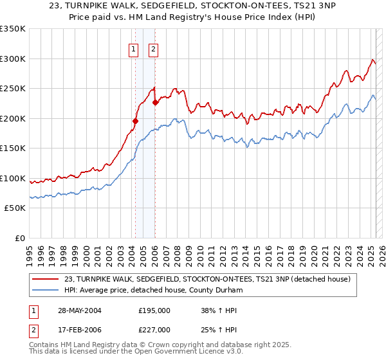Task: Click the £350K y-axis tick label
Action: (12, 29)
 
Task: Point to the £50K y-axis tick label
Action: (14, 208)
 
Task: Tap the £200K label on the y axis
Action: (12, 118)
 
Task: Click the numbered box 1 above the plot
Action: (134, 48)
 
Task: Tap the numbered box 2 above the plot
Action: (154, 48)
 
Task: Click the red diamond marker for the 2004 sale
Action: (136, 121)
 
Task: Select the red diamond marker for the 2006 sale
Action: (156, 102)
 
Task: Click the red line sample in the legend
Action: (46, 279)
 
